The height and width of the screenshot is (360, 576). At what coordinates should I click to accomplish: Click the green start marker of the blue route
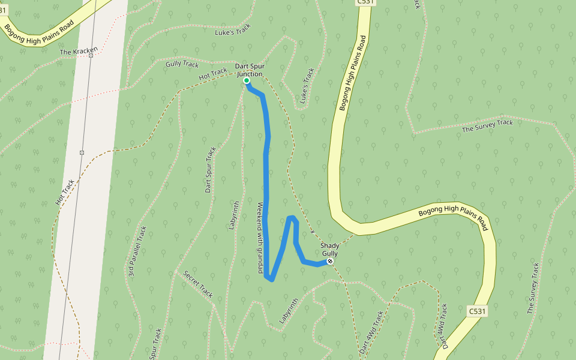[x=247, y=80]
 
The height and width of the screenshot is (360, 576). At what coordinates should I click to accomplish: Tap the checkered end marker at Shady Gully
[x=330, y=262]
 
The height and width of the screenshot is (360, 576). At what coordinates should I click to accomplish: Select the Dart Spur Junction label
[x=249, y=70]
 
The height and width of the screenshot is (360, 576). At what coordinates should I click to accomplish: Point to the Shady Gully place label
[x=329, y=249]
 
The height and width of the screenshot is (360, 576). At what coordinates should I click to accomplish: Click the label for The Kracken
[x=78, y=52]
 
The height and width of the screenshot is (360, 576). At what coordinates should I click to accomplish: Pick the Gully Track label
[x=182, y=64]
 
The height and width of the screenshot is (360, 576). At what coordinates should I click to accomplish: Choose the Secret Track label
[x=199, y=284]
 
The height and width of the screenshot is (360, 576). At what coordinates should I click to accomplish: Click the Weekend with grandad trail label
[x=260, y=238]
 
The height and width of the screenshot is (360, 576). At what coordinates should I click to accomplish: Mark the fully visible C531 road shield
[x=477, y=311]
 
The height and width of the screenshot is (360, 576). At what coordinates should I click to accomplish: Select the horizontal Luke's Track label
[x=232, y=32]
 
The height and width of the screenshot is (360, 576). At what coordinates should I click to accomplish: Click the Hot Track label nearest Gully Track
[x=213, y=74]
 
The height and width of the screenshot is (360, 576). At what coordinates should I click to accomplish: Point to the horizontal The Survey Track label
[x=487, y=126]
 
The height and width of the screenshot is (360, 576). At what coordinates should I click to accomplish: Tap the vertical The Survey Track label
[x=533, y=288]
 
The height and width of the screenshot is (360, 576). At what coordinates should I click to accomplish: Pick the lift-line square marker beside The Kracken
[x=91, y=55]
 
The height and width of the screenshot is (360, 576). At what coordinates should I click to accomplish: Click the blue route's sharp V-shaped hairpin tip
[x=271, y=279]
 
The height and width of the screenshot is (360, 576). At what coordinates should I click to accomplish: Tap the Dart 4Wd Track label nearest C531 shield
[x=442, y=326]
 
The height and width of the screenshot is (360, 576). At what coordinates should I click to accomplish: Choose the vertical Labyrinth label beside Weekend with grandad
[x=234, y=215]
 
